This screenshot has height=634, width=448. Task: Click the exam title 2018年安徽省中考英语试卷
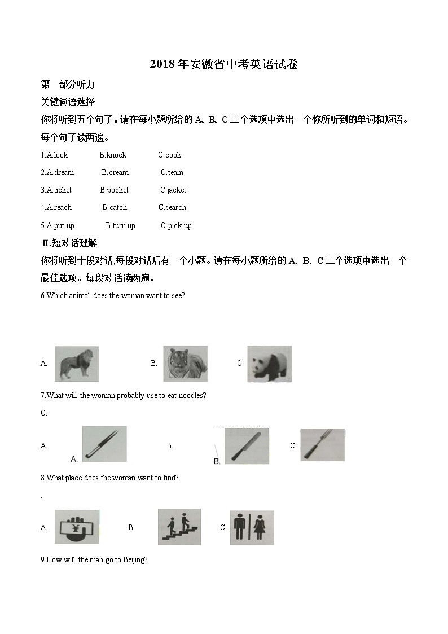(x=224, y=64)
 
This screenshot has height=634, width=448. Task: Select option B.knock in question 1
(x=113, y=155)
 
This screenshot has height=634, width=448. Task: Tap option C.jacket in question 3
(x=173, y=190)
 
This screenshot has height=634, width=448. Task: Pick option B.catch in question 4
(x=115, y=207)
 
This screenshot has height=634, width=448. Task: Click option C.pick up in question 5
(x=176, y=225)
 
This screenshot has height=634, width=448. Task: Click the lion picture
(x=76, y=364)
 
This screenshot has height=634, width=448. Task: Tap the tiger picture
(x=185, y=363)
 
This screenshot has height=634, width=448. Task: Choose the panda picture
(x=269, y=364)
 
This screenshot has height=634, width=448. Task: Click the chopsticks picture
(x=104, y=444)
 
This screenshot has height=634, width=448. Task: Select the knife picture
(x=247, y=445)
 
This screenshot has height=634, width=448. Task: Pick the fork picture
(x=322, y=445)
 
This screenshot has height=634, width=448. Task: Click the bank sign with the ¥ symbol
(x=77, y=527)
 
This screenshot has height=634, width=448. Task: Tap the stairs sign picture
(x=179, y=527)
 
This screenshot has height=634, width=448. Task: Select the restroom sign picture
(x=252, y=527)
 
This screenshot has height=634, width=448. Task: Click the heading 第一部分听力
(x=67, y=84)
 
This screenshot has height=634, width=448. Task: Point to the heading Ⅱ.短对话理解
(x=69, y=243)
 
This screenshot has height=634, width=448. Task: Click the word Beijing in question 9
(x=134, y=559)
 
